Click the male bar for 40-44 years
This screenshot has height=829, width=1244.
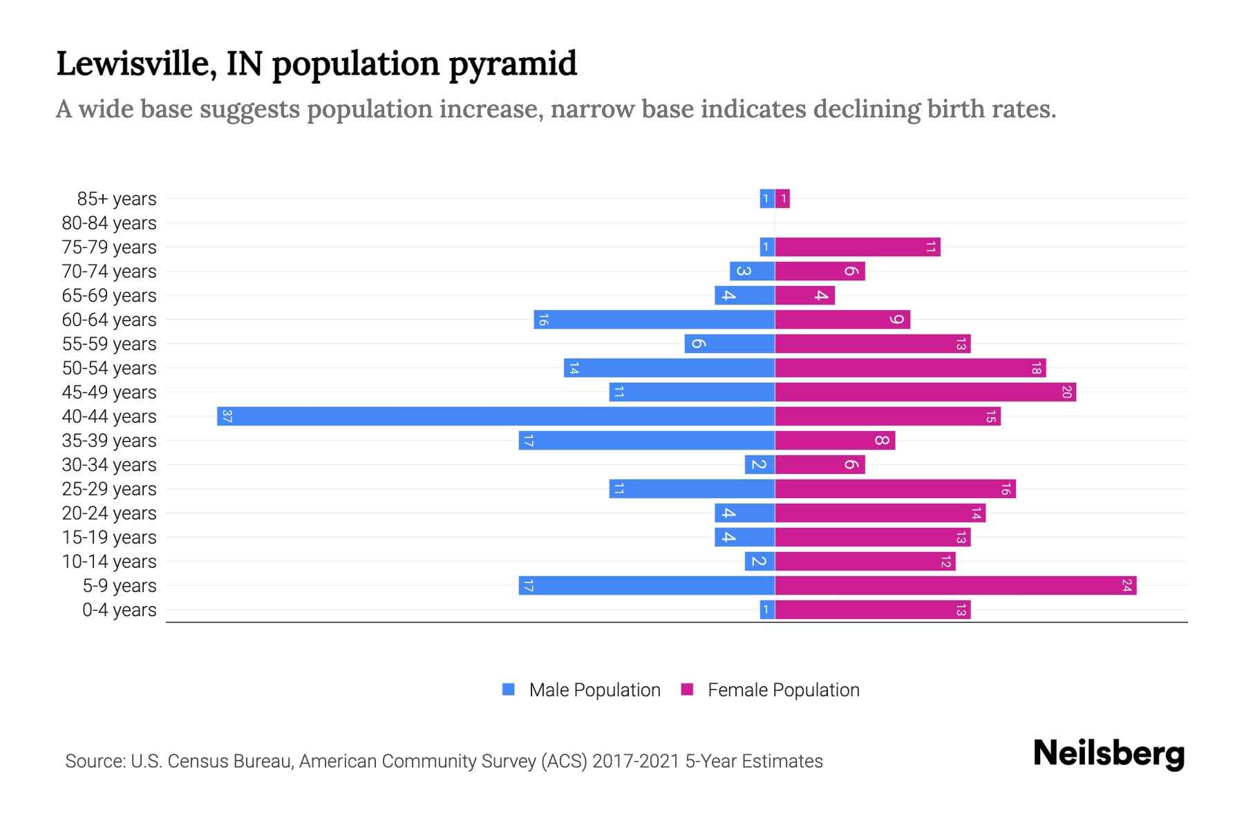(x=496, y=416)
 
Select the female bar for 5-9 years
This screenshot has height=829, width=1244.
(x=955, y=585)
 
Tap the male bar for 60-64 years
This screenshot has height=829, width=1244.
(x=654, y=319)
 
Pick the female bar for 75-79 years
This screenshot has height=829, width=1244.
(x=857, y=247)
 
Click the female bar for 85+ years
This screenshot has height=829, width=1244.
(x=782, y=198)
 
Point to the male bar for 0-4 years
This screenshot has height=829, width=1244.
(x=766, y=609)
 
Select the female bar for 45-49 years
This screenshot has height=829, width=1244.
(x=925, y=392)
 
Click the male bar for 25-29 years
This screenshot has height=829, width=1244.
(x=691, y=488)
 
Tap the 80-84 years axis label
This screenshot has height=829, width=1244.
(x=109, y=223)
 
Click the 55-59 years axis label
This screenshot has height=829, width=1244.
(x=109, y=344)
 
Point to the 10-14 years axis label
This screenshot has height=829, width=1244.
(x=109, y=562)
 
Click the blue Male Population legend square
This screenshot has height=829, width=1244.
(x=509, y=689)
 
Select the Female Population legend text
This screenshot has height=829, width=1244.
(x=783, y=689)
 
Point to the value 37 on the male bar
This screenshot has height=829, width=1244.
(x=227, y=416)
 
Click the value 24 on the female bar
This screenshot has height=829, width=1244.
(x=1127, y=585)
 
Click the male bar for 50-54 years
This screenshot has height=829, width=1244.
(x=669, y=368)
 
